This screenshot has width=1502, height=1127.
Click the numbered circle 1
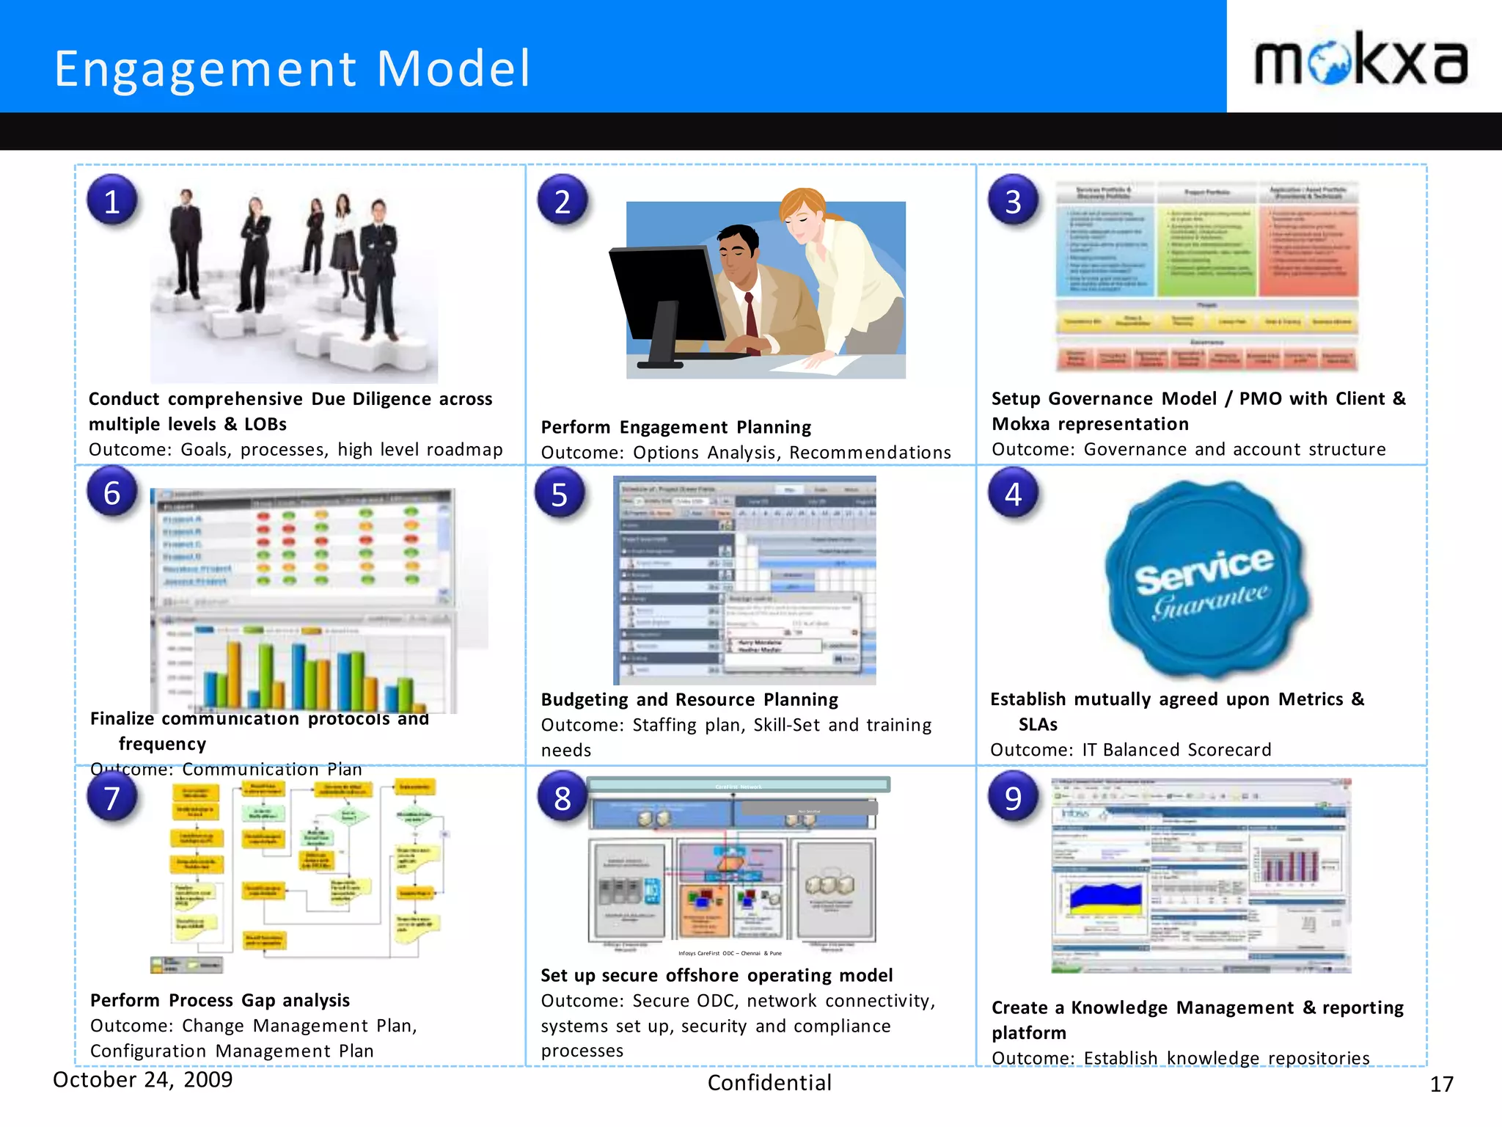pyautogui.click(x=112, y=201)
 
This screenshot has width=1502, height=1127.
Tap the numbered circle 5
pyautogui.click(x=560, y=495)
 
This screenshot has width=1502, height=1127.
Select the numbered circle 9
pyautogui.click(x=1013, y=797)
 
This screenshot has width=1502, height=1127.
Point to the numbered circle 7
pyautogui.click(x=112, y=798)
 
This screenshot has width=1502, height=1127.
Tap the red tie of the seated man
pyautogui.click(x=752, y=323)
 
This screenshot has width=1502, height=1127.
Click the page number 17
pyautogui.click(x=1441, y=1084)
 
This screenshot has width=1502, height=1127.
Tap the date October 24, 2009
pyautogui.click(x=143, y=1079)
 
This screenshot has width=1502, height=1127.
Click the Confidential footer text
pyautogui.click(x=769, y=1083)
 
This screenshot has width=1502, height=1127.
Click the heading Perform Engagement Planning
pyautogui.click(x=675, y=427)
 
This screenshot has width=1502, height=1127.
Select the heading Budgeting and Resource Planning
pyautogui.click(x=689, y=699)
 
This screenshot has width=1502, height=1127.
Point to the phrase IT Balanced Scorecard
pyautogui.click(x=1176, y=750)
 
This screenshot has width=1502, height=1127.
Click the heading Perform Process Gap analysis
pyautogui.click(x=220, y=1000)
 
